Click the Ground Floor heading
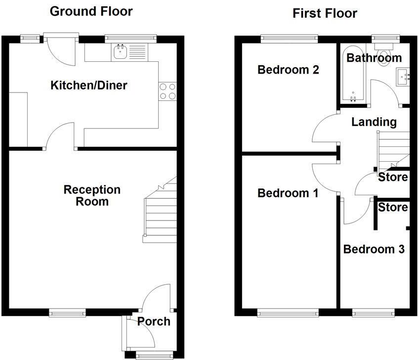pos(91,11)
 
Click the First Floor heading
pos(325,13)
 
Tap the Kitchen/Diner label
pos(89,86)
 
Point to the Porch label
pos(153,321)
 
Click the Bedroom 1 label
pos(288,193)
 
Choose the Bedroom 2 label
pos(288,70)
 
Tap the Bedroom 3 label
pos(374,249)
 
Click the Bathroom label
pos(374,58)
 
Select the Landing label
pos(374,122)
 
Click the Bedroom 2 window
pos(289,37)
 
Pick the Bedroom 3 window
pos(374,313)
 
